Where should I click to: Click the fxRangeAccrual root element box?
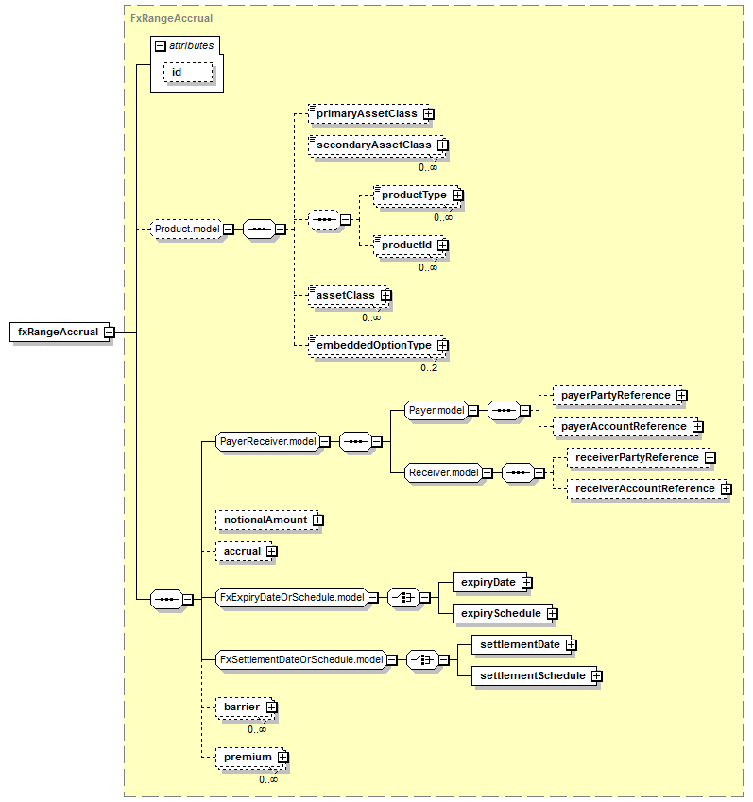click(x=60, y=332)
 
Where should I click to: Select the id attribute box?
click(x=188, y=72)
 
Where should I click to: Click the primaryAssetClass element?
click(x=368, y=113)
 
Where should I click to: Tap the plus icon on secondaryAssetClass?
click(x=442, y=145)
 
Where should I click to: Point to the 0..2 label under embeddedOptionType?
click(x=429, y=367)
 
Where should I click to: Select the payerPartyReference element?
click(x=618, y=396)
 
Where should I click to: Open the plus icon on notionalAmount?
click(x=318, y=520)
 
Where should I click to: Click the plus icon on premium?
click(x=282, y=757)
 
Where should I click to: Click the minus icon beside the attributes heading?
click(x=160, y=46)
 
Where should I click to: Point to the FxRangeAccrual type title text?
click(x=171, y=18)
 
